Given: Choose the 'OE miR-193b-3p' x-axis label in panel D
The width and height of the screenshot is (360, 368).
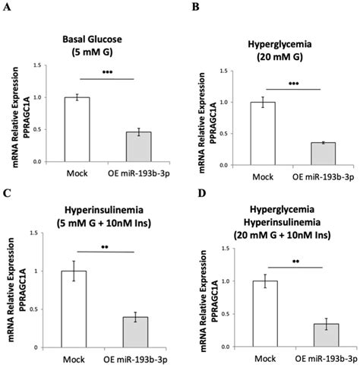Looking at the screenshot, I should click(318, 356).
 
